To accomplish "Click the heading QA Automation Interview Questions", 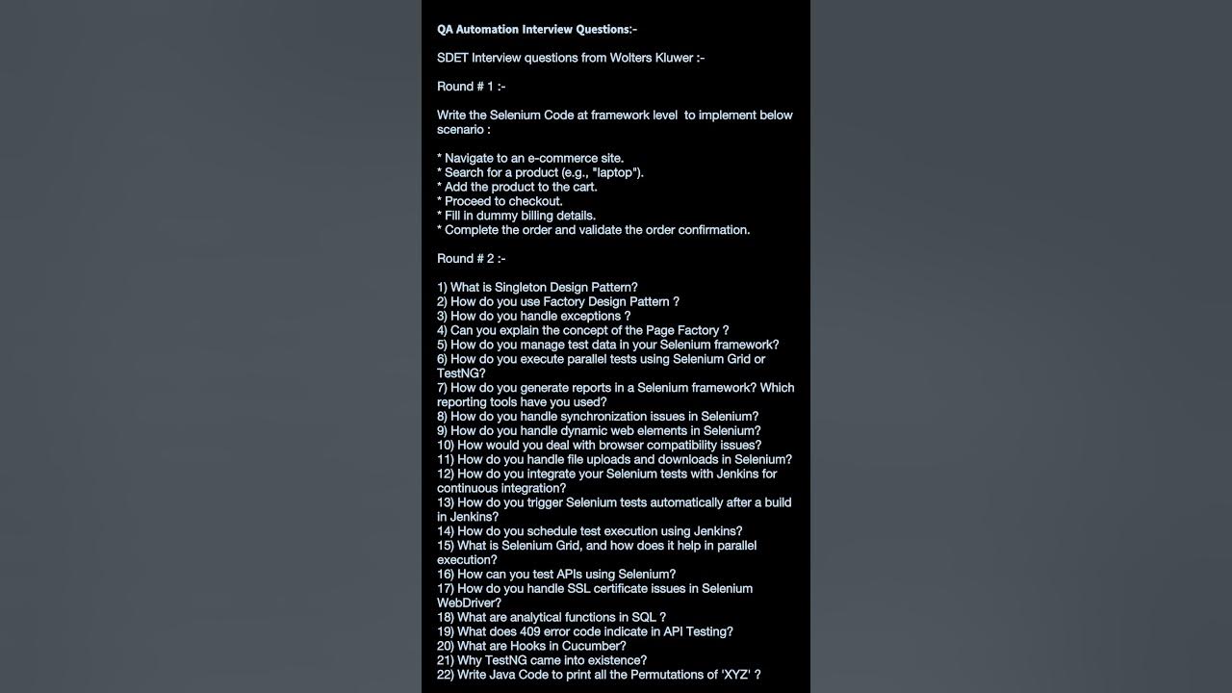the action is pyautogui.click(x=536, y=30).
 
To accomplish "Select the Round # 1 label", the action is pyautogui.click(x=471, y=87).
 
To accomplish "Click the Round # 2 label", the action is pyautogui.click(x=471, y=259).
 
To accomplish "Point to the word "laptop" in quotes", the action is pyautogui.click(x=616, y=172).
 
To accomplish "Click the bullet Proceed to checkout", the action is pyautogui.click(x=500, y=201).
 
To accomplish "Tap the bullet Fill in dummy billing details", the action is pyautogui.click(x=516, y=216).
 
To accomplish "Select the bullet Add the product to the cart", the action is pyautogui.click(x=517, y=187).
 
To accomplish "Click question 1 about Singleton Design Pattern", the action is pyautogui.click(x=537, y=288).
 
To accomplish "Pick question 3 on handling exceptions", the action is pyautogui.click(x=533, y=317).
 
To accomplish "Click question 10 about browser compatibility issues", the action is pyautogui.click(x=599, y=446).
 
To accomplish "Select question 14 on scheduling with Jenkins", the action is pyautogui.click(x=589, y=531).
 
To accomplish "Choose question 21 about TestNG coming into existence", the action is pyautogui.click(x=541, y=660).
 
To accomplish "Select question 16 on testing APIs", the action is pyautogui.click(x=556, y=575).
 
